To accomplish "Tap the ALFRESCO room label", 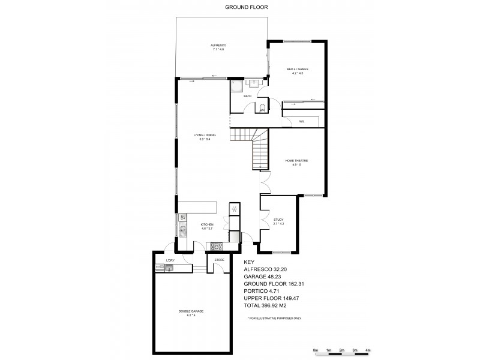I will tap(217, 47).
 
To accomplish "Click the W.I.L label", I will tap(302, 121).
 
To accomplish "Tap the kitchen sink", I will tap(182, 230).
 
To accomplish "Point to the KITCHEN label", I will tap(207, 226).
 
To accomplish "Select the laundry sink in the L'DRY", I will tap(169, 268).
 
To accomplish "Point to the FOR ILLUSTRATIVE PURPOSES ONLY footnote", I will tap(274, 317).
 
